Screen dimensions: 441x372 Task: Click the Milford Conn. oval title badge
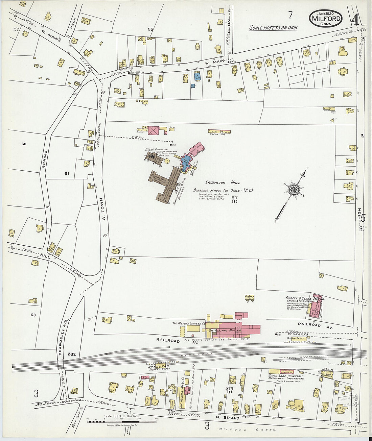point(325,19)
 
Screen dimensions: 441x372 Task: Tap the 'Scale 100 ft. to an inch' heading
point(273,28)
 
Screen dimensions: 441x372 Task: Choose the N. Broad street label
point(232,418)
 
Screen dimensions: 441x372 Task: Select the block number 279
point(229,389)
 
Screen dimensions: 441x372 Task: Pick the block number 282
point(71,354)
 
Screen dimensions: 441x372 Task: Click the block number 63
point(33,315)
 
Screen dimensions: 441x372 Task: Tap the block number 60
point(24,144)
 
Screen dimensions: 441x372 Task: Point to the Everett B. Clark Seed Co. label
point(305,299)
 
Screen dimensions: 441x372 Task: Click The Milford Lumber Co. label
point(189,323)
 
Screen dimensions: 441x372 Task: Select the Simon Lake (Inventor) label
point(286,376)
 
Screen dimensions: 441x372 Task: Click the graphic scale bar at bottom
point(122,422)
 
